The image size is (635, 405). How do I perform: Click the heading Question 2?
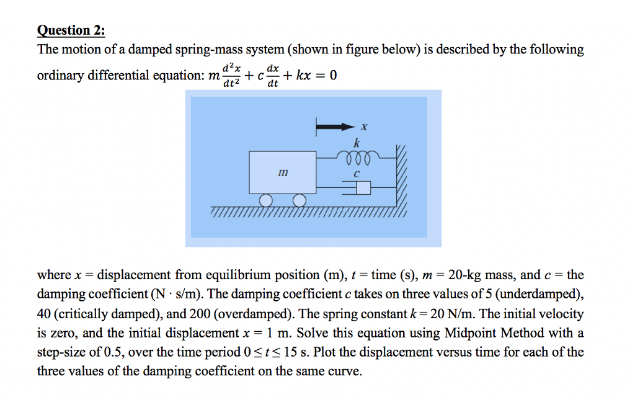point(71,30)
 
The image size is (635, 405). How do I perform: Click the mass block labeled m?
point(282,172)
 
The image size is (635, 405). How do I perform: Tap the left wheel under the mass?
point(267,200)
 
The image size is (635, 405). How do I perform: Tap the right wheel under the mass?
point(300,200)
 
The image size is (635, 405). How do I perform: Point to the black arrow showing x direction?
point(335,128)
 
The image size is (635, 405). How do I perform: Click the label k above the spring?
point(356,143)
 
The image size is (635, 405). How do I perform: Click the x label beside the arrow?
point(364,128)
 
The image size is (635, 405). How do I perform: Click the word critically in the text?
point(82,314)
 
